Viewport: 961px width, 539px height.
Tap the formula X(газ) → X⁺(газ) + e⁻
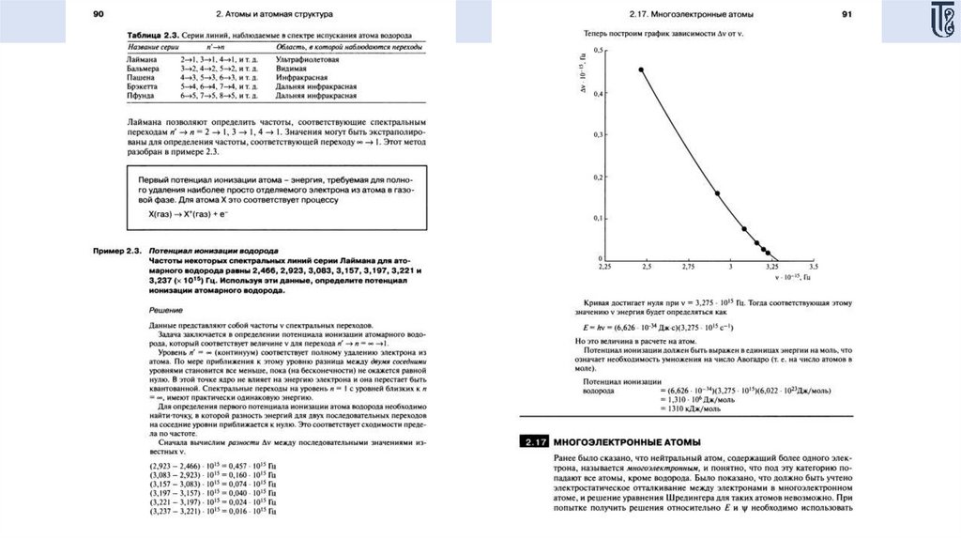(x=182, y=214)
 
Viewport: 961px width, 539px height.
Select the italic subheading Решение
(x=166, y=309)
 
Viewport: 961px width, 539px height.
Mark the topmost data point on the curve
(x=641, y=69)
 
